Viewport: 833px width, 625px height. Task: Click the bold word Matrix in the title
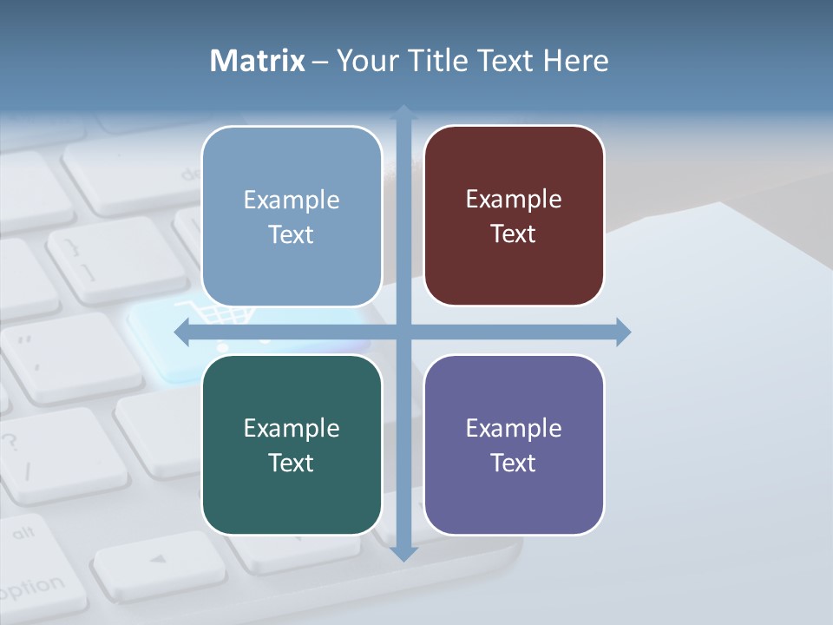pos(258,61)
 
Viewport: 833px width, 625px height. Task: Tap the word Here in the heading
pos(576,61)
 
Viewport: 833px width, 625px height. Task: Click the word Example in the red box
pos(514,200)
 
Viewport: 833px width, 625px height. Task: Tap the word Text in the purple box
pos(514,463)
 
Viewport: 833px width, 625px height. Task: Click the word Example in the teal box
pos(292,428)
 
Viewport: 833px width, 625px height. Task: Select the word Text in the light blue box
pos(292,234)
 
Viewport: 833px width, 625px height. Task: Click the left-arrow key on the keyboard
pos(156,560)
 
